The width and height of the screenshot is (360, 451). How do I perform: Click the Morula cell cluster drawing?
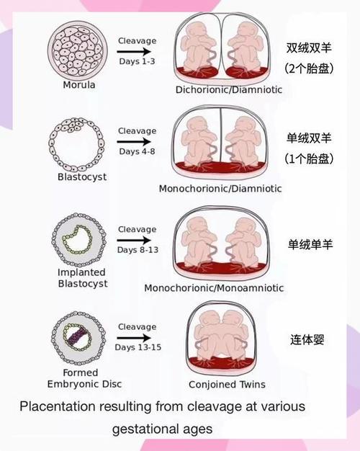click(78, 51)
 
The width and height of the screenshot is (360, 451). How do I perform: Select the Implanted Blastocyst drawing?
click(78, 240)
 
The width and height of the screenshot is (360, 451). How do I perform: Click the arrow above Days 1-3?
click(134, 52)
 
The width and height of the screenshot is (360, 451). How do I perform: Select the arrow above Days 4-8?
click(134, 141)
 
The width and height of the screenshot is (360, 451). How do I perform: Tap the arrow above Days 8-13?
click(134, 240)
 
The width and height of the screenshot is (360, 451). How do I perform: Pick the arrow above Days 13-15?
click(134, 338)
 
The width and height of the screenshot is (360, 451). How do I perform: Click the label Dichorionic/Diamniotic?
click(228, 90)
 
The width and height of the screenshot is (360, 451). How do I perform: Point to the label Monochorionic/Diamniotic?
click(220, 189)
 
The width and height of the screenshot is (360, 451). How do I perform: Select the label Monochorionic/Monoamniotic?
click(214, 288)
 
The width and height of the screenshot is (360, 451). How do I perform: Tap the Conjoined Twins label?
click(227, 385)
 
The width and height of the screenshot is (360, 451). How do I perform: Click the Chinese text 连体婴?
click(307, 339)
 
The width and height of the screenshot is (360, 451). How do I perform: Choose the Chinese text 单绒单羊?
click(310, 244)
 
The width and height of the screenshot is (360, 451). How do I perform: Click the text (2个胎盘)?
click(309, 68)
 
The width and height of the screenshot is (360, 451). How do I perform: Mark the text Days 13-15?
click(138, 347)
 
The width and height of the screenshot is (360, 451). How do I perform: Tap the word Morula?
click(79, 85)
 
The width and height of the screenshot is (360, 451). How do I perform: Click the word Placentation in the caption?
click(57, 407)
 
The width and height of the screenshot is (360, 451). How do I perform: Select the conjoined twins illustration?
click(221, 339)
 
